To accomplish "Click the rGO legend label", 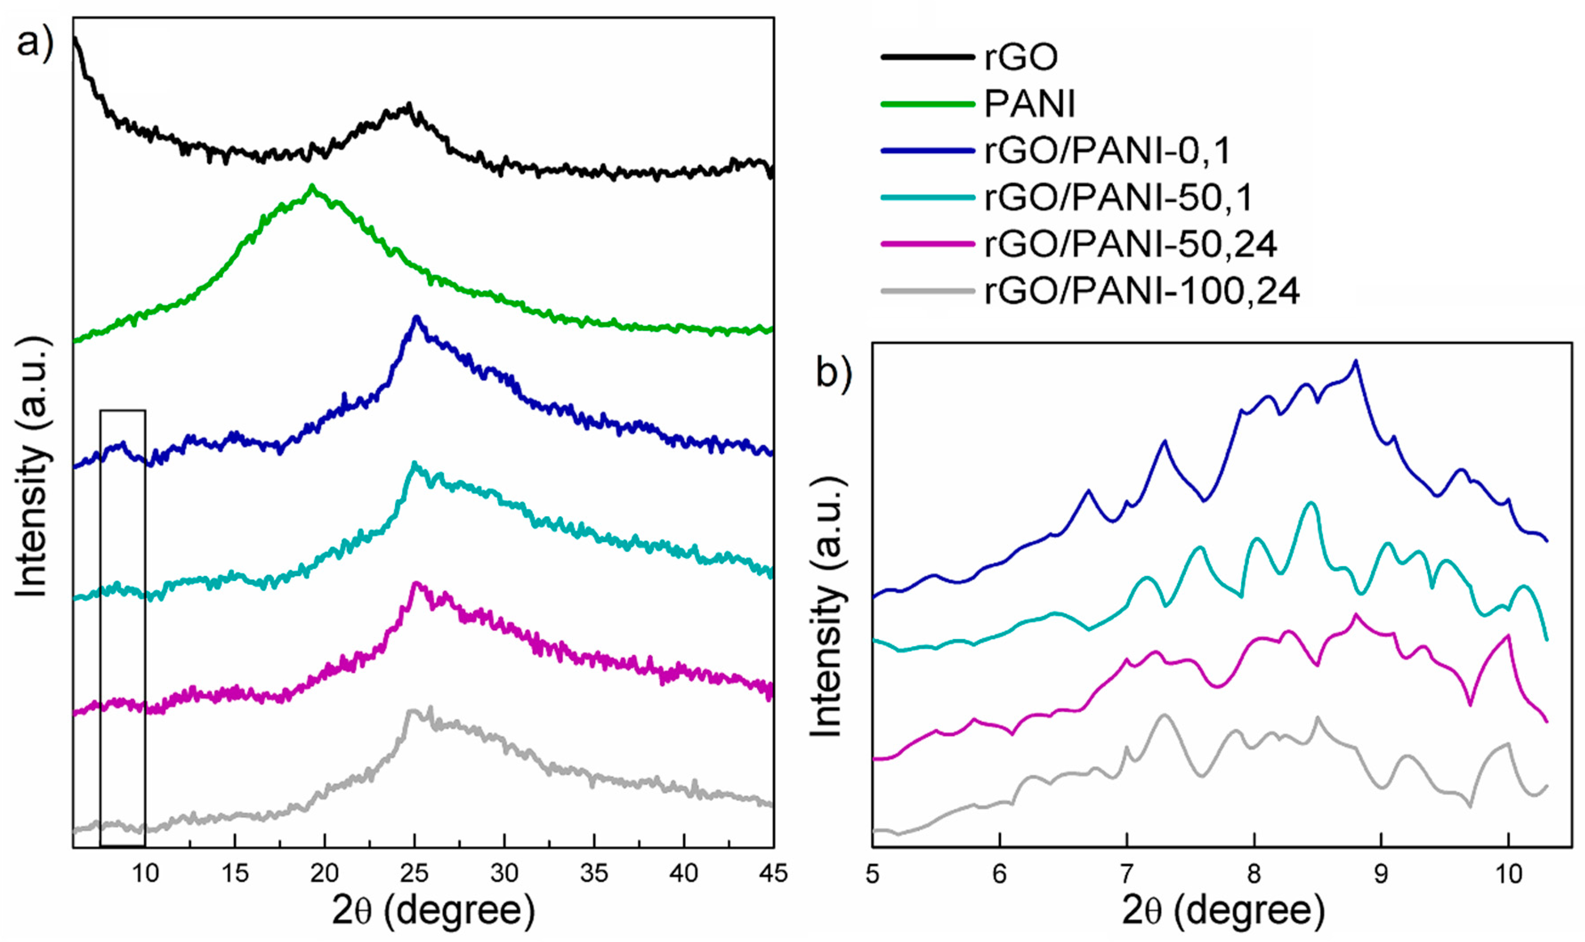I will click(x=1020, y=57).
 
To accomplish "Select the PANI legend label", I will click(x=1029, y=104).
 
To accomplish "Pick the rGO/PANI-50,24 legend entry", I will click(x=1130, y=244).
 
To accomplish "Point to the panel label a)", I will click(x=35, y=43).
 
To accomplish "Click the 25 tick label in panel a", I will click(x=415, y=874).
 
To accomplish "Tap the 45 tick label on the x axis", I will click(x=773, y=874).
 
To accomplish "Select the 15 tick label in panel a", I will click(x=235, y=874).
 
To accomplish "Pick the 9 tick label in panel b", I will click(x=1381, y=874).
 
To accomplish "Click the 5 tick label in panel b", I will click(x=873, y=874).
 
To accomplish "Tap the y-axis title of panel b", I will click(x=827, y=606).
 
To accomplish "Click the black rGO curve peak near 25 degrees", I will click(x=409, y=105).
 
